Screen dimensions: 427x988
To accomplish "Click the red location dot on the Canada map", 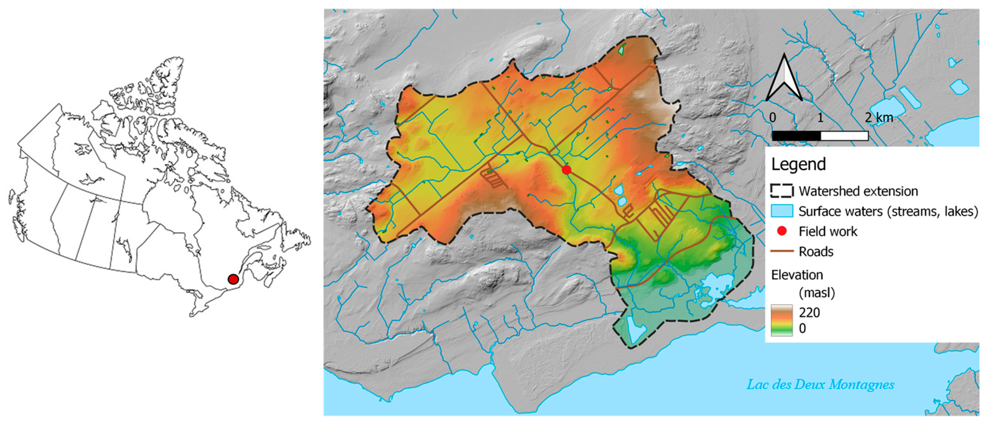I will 233,279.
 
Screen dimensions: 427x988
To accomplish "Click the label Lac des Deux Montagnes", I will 820,384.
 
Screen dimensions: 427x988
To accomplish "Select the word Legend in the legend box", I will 798,164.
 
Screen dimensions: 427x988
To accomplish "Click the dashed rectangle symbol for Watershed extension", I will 782,191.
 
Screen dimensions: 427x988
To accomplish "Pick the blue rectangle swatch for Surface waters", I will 782,211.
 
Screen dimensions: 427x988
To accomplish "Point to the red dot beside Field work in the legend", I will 782,231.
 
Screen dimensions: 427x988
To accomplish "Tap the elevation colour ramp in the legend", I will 782,321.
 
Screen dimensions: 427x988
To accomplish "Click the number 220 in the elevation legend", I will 809,313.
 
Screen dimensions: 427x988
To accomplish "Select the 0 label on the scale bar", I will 772,117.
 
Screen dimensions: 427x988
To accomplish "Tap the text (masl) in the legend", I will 816,293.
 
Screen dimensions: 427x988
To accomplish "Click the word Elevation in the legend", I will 797,275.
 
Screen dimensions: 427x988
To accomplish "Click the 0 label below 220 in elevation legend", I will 802,329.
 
